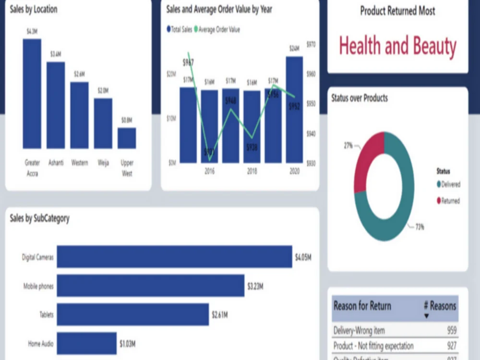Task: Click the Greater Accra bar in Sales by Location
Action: click(32, 94)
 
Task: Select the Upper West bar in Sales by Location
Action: click(127, 138)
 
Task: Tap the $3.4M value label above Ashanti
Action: click(56, 54)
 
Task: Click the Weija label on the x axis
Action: click(103, 163)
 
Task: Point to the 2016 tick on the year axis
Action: click(209, 170)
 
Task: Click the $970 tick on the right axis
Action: click(311, 45)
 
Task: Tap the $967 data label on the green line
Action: click(188, 63)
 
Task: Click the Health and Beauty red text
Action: click(397, 46)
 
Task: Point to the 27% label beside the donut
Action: click(348, 144)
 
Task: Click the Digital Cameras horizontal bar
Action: click(174, 257)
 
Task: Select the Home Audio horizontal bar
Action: click(87, 343)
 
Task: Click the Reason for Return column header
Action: click(362, 306)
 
